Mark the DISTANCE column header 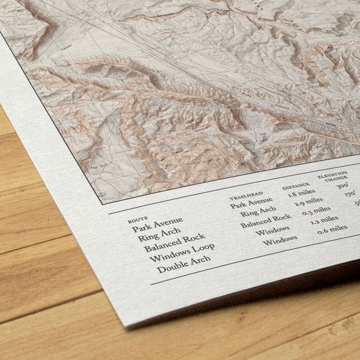296,185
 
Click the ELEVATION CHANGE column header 333,176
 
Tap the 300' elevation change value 342,185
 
